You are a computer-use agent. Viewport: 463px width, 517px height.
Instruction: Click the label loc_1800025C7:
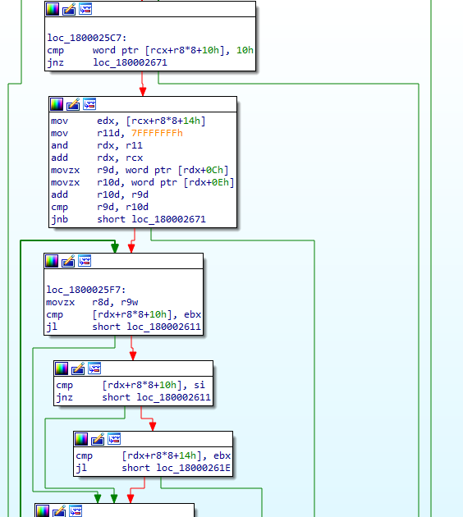[87, 38]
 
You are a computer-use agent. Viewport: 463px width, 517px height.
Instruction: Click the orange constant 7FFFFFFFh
[157, 133]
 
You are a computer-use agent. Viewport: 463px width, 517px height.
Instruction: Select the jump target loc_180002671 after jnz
[130, 62]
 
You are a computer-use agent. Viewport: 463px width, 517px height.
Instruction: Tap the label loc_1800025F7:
[86, 290]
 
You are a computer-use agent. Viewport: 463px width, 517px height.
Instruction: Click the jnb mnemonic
[59, 219]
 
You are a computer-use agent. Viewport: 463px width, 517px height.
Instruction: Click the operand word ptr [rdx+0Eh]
[183, 182]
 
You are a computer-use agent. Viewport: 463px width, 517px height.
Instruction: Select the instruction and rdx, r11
[97, 145]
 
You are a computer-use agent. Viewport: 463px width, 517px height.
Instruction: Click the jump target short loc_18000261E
[176, 468]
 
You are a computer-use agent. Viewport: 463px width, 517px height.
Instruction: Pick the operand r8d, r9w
[115, 302]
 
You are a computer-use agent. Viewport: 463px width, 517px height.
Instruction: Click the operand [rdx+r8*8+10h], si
[154, 385]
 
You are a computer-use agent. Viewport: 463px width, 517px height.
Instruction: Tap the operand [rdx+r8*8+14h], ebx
[176, 455]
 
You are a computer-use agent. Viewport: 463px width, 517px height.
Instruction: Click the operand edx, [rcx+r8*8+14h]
[151, 121]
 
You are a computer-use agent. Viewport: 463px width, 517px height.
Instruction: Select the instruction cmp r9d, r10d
[99, 207]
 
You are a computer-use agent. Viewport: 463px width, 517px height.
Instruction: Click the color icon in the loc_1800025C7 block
[53, 9]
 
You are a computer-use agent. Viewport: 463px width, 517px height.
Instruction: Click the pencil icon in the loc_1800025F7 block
[68, 261]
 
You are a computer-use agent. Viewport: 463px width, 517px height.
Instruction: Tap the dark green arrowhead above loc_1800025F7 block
[115, 248]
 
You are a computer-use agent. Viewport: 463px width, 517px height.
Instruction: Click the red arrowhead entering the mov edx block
[143, 91]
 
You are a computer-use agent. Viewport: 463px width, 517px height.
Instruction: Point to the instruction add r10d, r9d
[99, 194]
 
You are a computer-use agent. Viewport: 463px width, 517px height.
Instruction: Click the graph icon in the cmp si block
[94, 368]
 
